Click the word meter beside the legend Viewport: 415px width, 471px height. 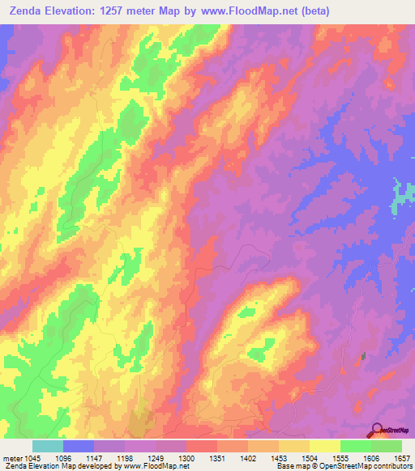(x=11, y=459)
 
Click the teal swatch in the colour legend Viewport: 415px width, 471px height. (x=48, y=446)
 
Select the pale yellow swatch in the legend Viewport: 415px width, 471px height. (x=325, y=446)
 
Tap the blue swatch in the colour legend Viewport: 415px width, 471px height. (x=79, y=446)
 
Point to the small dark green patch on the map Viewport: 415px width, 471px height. (x=362, y=355)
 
